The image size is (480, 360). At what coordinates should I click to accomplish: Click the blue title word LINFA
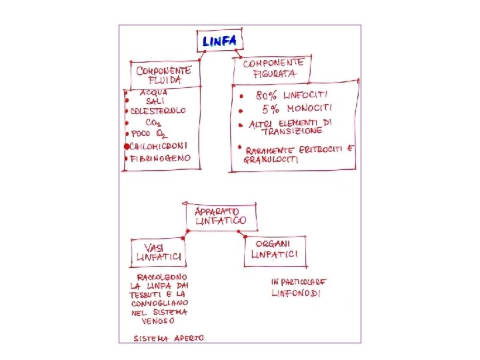coord(219,41)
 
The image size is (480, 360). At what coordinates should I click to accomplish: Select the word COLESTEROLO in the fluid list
coord(158,111)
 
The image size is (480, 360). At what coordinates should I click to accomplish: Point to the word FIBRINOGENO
coord(161,159)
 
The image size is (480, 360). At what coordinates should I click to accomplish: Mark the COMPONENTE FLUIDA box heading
coord(163,74)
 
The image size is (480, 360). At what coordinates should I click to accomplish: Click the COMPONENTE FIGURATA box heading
coord(272,68)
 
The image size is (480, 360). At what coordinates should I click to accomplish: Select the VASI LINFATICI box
coord(159,252)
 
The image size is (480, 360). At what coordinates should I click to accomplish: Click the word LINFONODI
coord(297,293)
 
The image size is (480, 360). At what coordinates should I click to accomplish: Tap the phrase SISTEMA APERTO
coord(168,338)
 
